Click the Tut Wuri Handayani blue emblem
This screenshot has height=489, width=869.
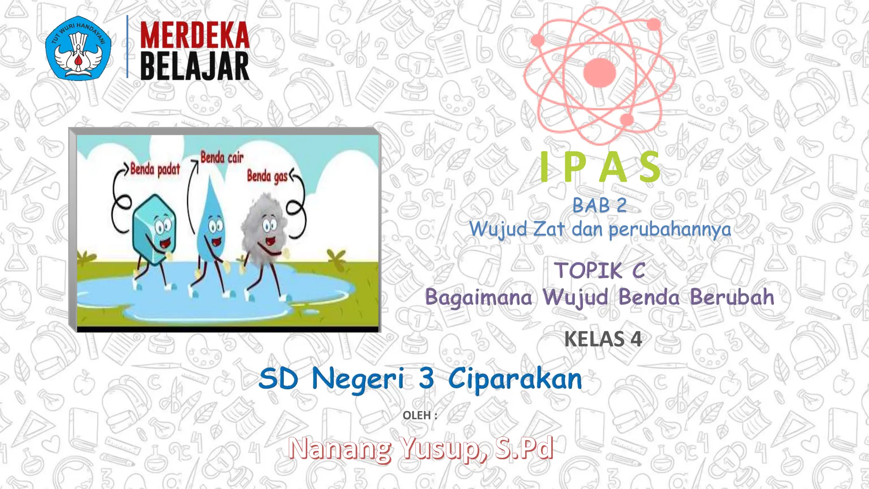pos(78,48)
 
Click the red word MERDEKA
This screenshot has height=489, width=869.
pos(194,35)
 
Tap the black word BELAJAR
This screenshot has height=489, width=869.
pos(194,67)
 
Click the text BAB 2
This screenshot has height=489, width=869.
pos(600,206)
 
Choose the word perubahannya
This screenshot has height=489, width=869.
pos(670,230)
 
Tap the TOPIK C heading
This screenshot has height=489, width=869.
pos(600,270)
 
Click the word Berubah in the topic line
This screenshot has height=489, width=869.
pos(732,297)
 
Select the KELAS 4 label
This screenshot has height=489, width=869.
pos(603,339)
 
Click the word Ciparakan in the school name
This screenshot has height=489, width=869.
pos(515,379)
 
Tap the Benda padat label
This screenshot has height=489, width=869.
pos(155,169)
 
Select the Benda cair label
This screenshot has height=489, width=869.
pos(222,157)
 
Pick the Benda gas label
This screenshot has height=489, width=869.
pos(267,176)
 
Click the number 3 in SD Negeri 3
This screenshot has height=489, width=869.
pos(426,378)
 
